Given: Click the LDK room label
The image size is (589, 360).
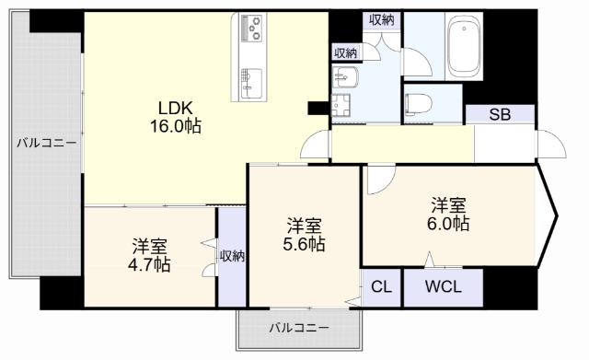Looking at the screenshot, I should [172, 107].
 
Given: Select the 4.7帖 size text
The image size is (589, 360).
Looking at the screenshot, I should [149, 264].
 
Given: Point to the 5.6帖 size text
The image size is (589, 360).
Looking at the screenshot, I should [304, 244].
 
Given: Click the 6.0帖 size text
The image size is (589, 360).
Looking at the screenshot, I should [448, 224].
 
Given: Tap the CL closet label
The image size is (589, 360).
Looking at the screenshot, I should [381, 285].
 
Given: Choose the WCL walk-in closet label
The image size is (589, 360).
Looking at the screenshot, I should [444, 285].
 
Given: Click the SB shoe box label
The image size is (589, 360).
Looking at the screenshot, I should [499, 115].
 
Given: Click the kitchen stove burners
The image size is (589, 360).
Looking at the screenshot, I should [252, 29].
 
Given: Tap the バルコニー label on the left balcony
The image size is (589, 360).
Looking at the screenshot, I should [47, 143].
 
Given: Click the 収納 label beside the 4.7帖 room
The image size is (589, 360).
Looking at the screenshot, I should [233, 255].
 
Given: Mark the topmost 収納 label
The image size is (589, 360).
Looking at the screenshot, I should [383, 19].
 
